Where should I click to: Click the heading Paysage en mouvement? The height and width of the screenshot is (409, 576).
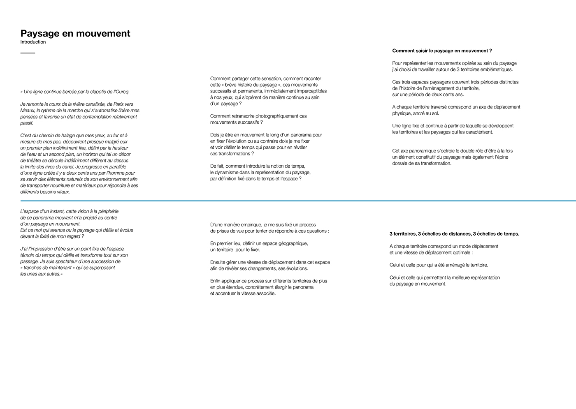[x=75, y=34]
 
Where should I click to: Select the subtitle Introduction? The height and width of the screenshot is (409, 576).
[x=33, y=42]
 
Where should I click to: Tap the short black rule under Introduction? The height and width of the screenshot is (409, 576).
[x=28, y=53]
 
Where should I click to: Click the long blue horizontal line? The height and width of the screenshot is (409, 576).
[x=298, y=201]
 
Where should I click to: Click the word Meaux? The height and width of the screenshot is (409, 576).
[x=27, y=111]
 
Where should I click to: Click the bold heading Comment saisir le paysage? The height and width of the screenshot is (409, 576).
[x=442, y=51]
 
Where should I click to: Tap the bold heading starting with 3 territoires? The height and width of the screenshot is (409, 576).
[x=454, y=234]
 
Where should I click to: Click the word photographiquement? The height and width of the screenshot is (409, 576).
[x=263, y=116]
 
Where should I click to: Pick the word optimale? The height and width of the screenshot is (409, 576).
[x=460, y=253]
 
